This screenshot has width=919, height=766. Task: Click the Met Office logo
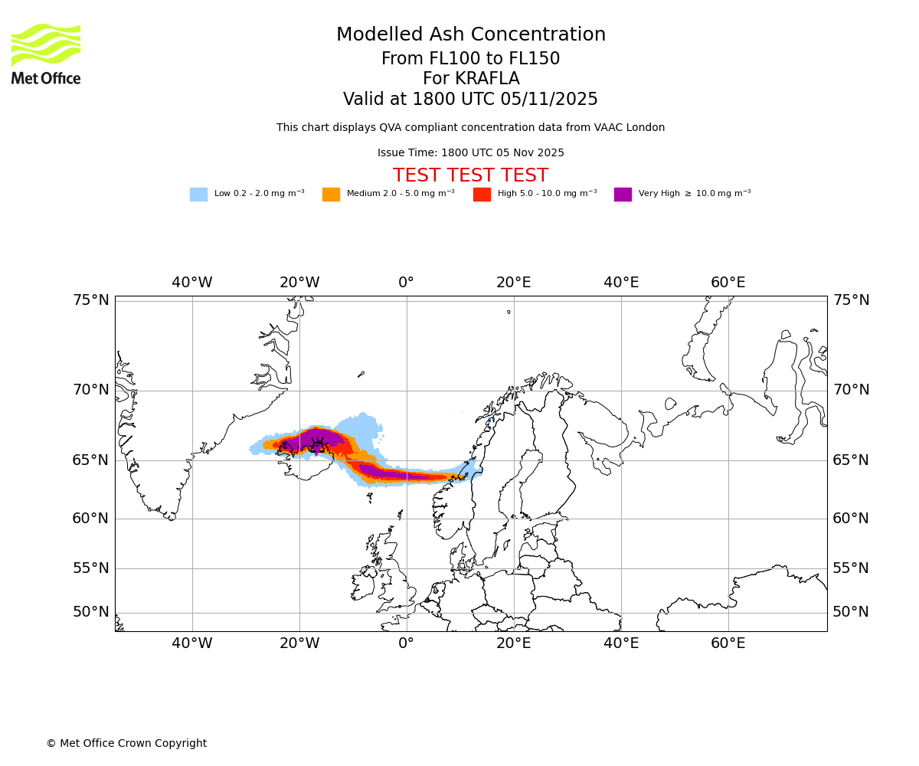[46, 54]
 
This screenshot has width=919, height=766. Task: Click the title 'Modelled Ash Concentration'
[470, 35]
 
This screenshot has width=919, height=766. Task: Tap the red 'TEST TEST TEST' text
[470, 176]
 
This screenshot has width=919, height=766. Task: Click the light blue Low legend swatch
[198, 195]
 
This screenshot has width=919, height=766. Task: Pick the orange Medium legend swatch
[331, 195]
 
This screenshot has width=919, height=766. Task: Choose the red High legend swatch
[482, 195]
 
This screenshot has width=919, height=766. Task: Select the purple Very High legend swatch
[623, 195]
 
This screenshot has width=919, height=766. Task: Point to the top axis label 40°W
[191, 283]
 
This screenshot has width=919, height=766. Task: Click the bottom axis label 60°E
[728, 643]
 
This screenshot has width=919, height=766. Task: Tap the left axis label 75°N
[91, 300]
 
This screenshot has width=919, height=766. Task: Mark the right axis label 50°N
[851, 612]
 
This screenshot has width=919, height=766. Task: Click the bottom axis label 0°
[406, 643]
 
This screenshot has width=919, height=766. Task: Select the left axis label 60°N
[91, 519]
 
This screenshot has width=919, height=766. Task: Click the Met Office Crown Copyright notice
[126, 744]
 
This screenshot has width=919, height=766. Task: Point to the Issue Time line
[470, 153]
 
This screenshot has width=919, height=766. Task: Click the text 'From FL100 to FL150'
[470, 59]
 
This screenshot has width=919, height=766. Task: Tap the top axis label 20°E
[513, 283]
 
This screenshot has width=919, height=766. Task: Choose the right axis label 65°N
[851, 460]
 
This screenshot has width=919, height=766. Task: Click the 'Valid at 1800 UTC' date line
[470, 100]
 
